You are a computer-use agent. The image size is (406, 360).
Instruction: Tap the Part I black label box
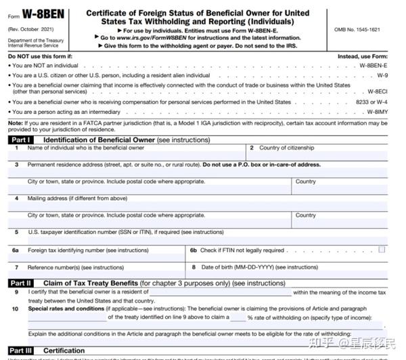pyautogui.click(x=22, y=139)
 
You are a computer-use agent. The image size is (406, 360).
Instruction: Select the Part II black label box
pyautogui.click(x=22, y=283)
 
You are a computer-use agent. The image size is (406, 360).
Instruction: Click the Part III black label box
pyautogui.click(x=22, y=350)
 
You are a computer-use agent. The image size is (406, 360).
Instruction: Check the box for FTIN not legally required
pyautogui.click(x=382, y=250)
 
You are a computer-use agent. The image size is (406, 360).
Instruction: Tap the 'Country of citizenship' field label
pyautogui.click(x=286, y=148)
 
